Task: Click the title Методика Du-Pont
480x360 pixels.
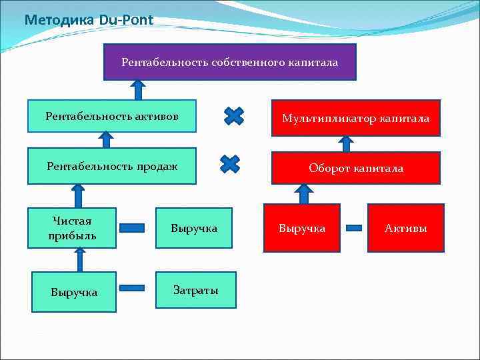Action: pos(88,20)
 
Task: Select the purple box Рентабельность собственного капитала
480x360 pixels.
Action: pos(229,62)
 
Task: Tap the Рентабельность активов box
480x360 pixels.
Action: pos(112,116)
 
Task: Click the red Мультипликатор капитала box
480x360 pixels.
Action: pos(355,118)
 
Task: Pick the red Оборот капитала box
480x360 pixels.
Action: pos(355,168)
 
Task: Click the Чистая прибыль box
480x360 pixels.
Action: pos(73,228)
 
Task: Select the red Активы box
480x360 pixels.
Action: pos(405,228)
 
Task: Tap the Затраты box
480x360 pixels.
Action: pos(196,290)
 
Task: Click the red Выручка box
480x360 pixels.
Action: pos(302,228)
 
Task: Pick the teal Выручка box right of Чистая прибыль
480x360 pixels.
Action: pos(194,228)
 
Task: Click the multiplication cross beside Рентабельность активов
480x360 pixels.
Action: pos(233,117)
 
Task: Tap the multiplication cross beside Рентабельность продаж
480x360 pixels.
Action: pos(230,164)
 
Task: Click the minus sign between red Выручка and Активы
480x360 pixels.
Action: pos(354,228)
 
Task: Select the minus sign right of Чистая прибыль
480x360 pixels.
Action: pos(132,227)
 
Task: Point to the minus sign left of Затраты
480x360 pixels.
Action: pos(132,288)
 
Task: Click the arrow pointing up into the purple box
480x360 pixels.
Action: pos(138,89)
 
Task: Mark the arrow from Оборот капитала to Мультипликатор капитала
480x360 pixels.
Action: pos(345,143)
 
